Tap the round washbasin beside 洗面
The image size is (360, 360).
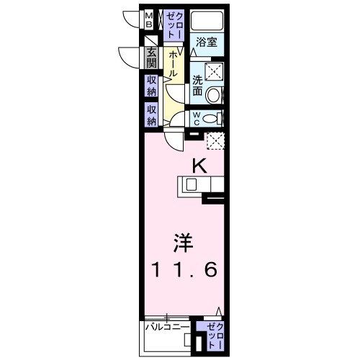[x=214, y=94]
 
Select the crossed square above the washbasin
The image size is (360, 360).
[x=214, y=71]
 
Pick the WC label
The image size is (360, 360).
[x=196, y=118]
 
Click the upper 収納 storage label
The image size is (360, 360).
[x=152, y=86]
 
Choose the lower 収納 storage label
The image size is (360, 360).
[x=152, y=114]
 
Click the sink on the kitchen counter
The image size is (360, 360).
[x=191, y=185]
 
